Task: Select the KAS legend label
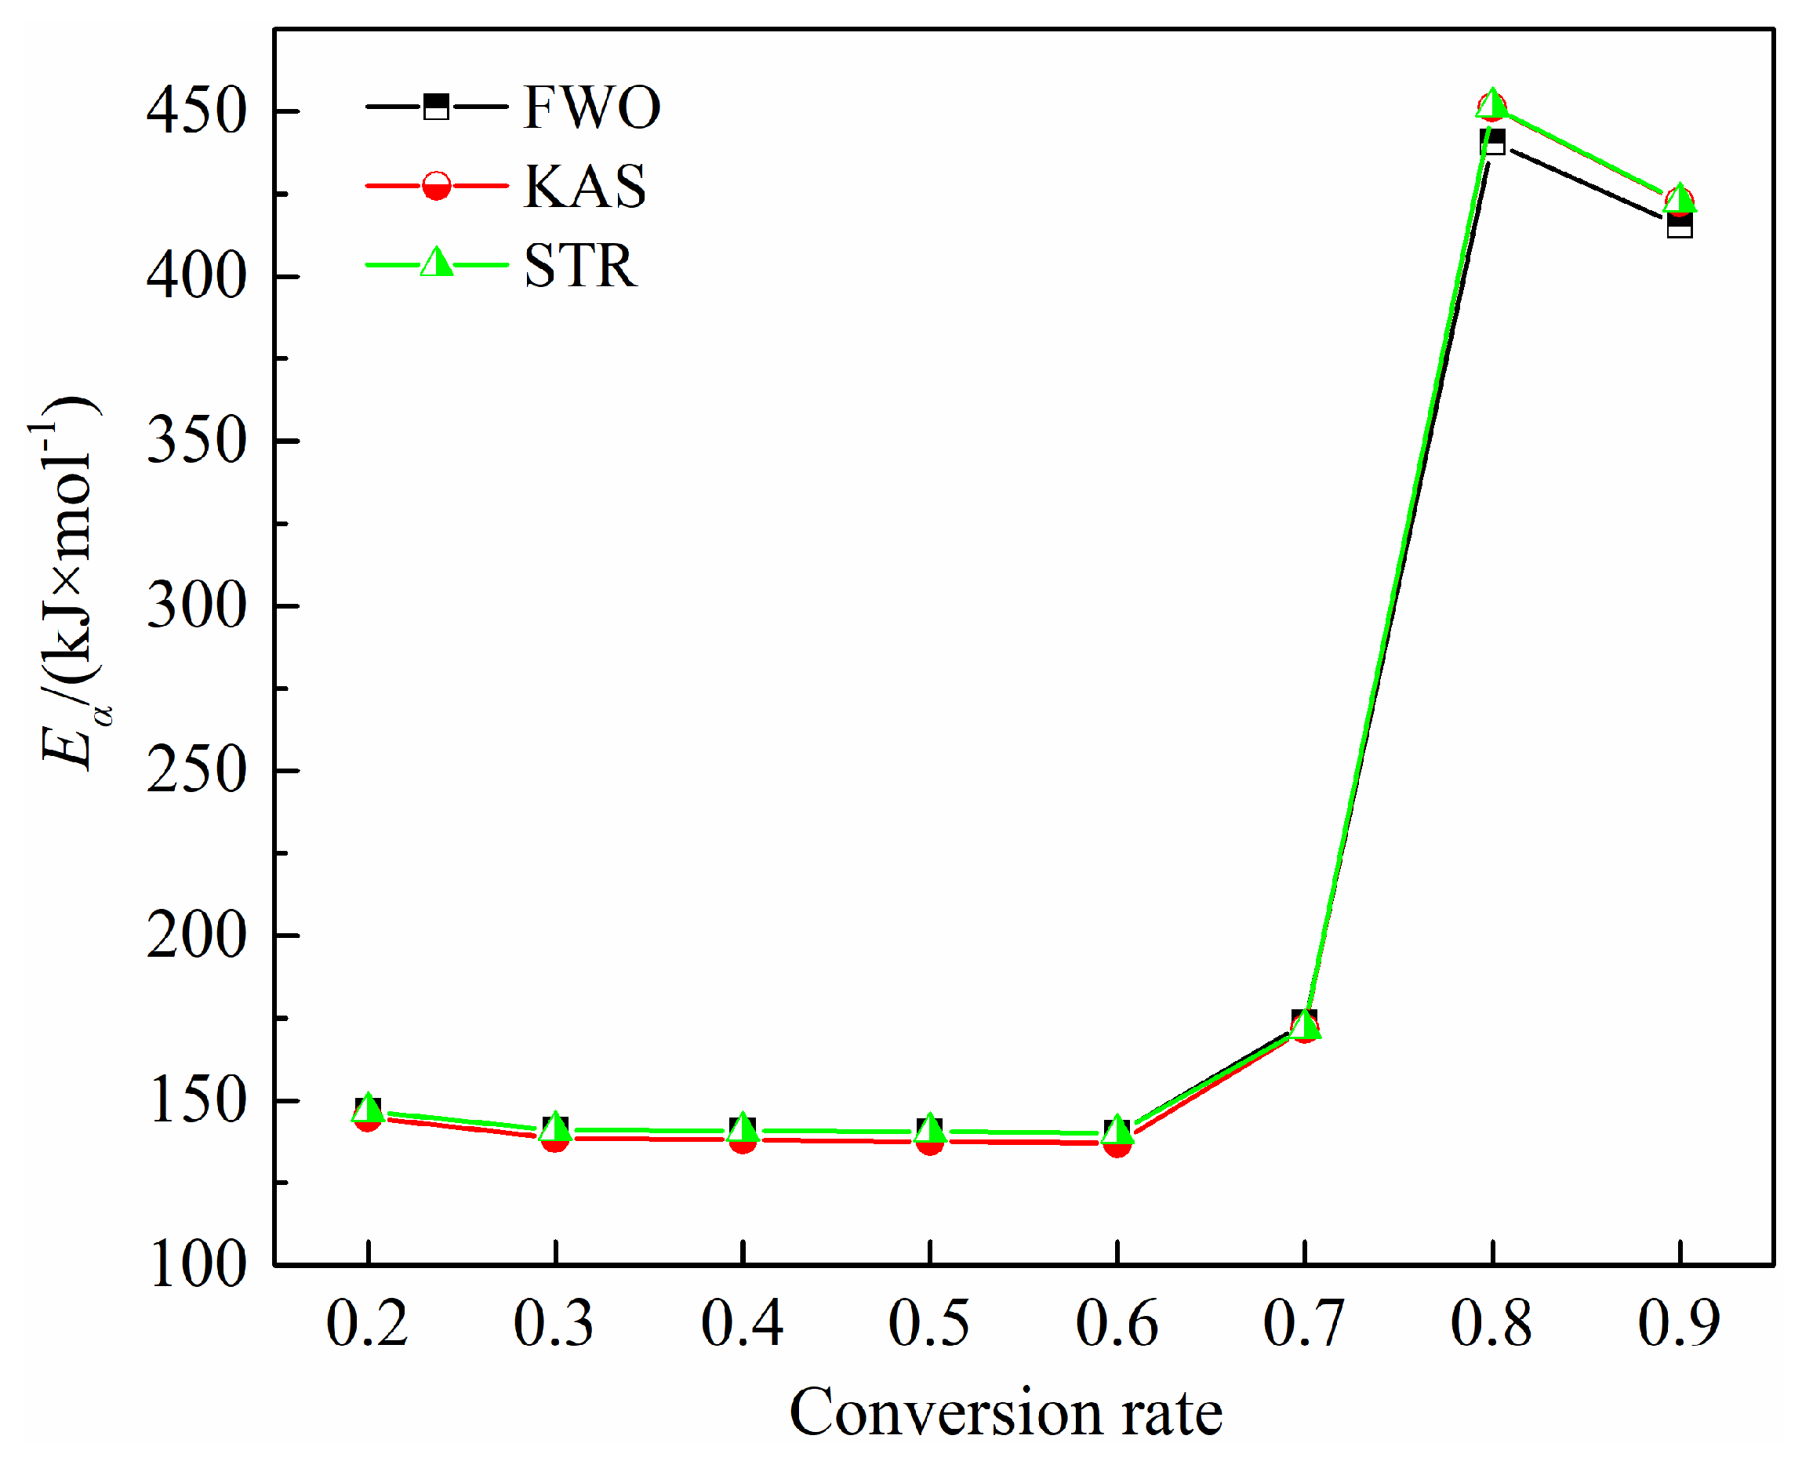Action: (585, 186)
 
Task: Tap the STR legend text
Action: (581, 265)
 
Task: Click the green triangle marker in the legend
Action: (436, 263)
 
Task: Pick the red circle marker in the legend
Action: (436, 185)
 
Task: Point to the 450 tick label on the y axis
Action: (196, 111)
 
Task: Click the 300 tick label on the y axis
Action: (196, 606)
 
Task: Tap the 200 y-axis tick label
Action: (196, 935)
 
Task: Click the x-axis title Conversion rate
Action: (1006, 1413)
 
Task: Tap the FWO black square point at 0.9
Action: (1679, 226)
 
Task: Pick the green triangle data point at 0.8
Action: (1491, 103)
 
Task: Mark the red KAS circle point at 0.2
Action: (367, 1119)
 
